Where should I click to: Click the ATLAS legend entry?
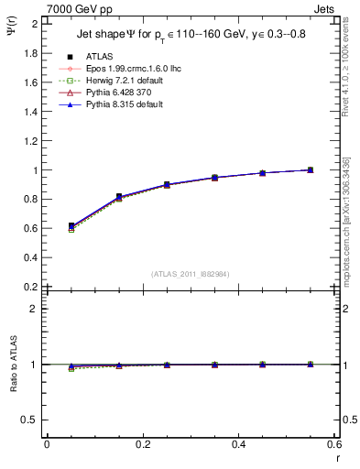pyautogui.click(x=98, y=56)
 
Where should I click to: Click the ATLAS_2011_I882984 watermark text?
pyautogui.click(x=191, y=273)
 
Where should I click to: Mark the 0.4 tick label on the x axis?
pyautogui.click(x=238, y=445)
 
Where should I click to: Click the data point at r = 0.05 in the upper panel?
pyautogui.click(x=71, y=225)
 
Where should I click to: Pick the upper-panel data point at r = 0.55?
pyautogui.click(x=311, y=169)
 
